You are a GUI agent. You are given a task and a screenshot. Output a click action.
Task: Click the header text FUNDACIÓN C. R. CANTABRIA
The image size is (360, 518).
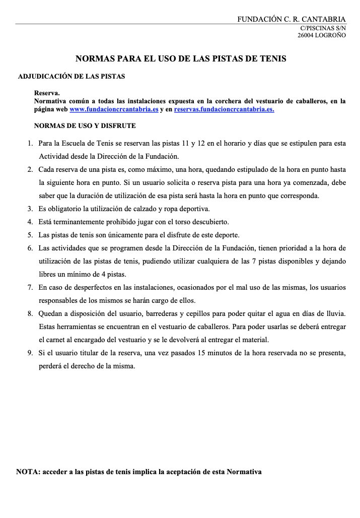pos(292,19)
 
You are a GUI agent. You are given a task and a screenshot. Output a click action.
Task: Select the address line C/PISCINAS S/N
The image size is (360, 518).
pos(323,29)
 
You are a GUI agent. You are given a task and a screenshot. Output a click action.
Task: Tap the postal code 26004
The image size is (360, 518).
pos(306,36)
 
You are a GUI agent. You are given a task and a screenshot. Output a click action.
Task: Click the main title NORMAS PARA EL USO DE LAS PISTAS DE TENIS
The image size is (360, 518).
pos(181,58)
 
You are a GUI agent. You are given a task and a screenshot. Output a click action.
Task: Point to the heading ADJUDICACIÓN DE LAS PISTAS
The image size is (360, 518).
pos(71,77)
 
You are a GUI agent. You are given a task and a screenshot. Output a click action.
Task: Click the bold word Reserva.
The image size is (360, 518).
pos(47,93)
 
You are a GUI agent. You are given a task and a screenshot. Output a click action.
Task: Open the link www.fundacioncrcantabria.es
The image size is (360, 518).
pos(114,109)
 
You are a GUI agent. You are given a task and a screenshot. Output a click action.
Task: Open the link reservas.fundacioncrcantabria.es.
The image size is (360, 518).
pos(224,109)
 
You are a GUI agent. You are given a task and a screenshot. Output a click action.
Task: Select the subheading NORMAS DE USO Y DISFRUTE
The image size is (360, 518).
pos(85,125)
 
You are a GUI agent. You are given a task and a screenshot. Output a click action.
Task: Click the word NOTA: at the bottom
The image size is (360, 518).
pos(28,472)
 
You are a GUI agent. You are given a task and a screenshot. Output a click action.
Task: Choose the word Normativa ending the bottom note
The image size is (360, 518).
pos(244,472)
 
